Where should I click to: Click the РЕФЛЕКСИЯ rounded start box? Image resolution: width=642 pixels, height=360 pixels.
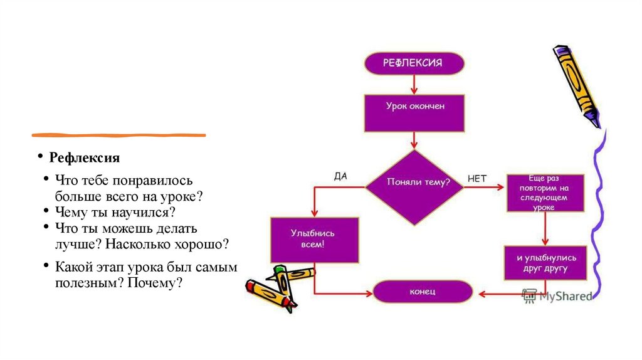coord(414,63)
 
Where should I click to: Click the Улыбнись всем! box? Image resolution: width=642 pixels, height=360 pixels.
coord(314,240)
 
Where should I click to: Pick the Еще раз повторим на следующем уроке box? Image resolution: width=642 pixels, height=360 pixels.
coord(545,193)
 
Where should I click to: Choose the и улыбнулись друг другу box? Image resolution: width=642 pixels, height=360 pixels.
coord(545,263)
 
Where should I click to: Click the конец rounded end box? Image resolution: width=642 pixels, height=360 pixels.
coord(422,292)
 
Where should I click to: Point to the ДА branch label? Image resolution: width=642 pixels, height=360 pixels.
coord(340,176)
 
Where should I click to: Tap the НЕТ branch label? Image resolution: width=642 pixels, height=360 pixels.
coord(477,178)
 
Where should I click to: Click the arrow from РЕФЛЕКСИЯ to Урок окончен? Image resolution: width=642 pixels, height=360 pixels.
coord(414,84)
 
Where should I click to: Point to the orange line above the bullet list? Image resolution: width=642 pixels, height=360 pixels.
coord(118,135)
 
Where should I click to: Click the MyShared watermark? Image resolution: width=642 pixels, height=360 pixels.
coord(557,295)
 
